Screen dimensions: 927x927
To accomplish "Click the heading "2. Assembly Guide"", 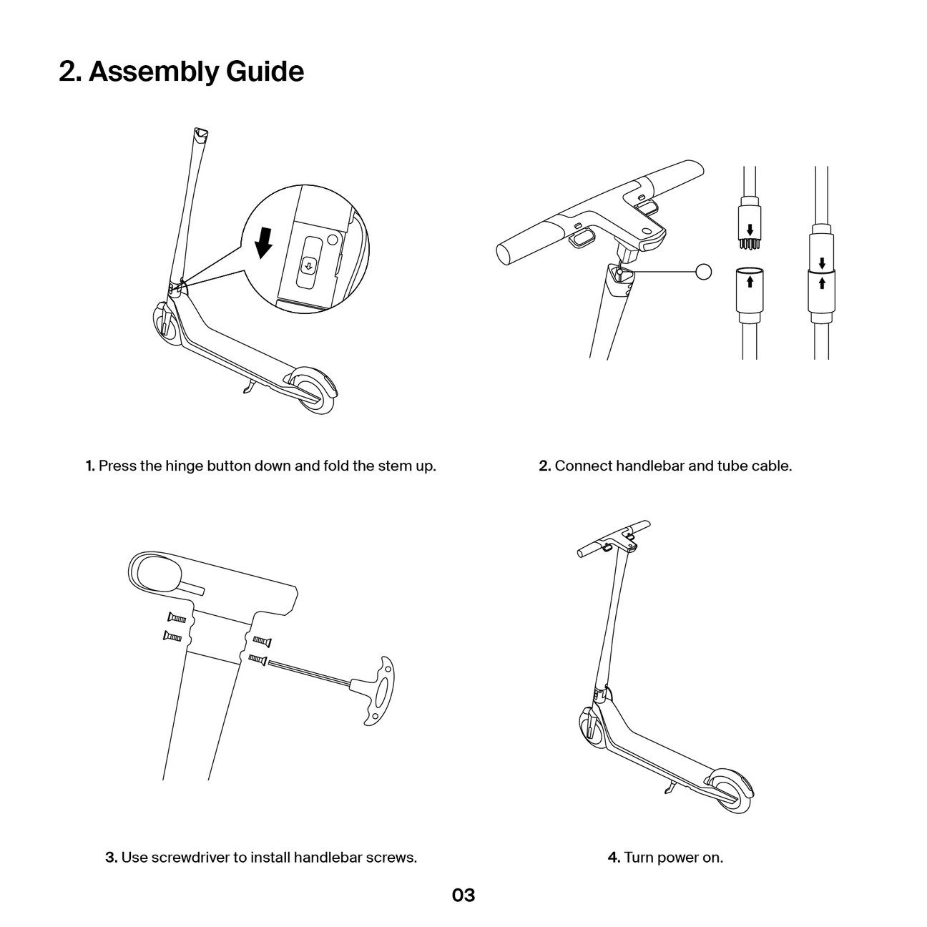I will [x=181, y=72].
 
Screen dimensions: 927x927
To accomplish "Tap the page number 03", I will [x=463, y=895].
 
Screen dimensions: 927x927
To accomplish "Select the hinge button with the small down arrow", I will [x=308, y=265].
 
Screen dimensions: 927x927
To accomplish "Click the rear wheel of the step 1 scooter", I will [x=314, y=391].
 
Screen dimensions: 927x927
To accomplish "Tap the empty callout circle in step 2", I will [x=704, y=271].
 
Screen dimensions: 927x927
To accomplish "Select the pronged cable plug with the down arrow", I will [x=750, y=230].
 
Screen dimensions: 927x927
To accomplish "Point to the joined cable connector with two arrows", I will [x=822, y=271].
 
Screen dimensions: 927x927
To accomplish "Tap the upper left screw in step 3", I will [x=176, y=617].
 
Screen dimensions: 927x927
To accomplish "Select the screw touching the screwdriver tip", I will [x=257, y=658].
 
